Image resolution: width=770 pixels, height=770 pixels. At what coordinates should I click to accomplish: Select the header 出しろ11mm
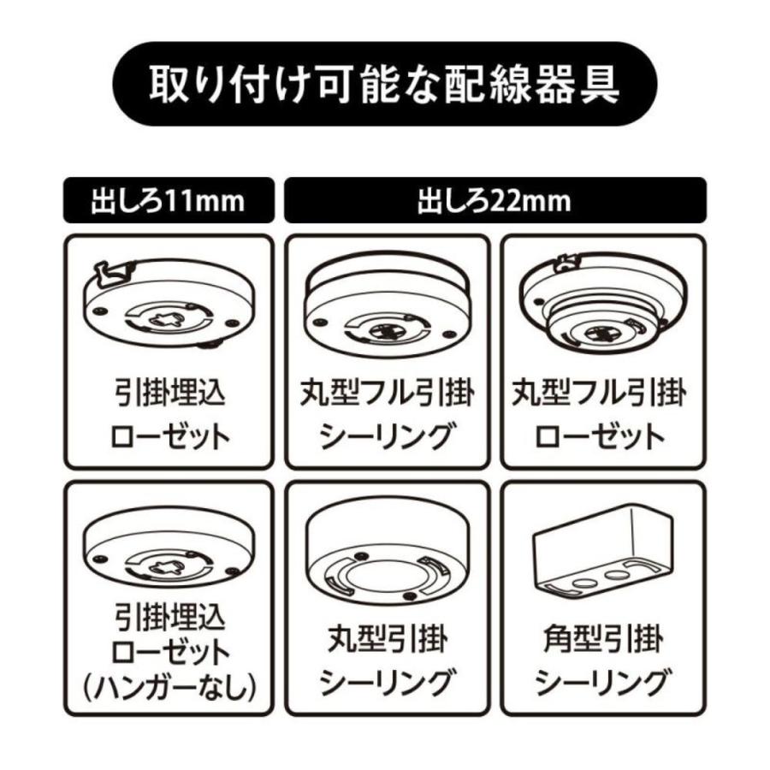click(x=168, y=202)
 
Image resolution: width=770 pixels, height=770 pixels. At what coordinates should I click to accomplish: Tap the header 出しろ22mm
click(x=495, y=202)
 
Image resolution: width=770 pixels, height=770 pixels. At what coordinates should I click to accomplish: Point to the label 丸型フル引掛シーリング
click(x=387, y=416)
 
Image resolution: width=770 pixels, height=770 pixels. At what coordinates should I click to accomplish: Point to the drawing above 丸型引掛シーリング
click(x=387, y=552)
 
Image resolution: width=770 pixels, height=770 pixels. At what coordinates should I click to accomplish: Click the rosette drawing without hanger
click(x=169, y=552)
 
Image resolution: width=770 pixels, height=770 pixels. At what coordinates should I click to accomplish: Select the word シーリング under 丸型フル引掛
click(x=387, y=437)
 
